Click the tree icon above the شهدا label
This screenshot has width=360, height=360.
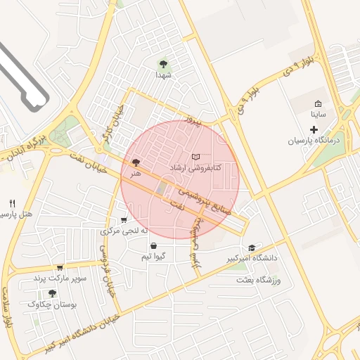[x=164, y=64]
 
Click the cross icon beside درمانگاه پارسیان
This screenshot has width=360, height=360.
[x=314, y=129]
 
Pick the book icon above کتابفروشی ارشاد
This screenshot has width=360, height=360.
[x=196, y=156]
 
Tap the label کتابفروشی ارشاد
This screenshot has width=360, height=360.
[x=196, y=167]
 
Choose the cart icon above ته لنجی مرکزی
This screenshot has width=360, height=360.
[x=124, y=219]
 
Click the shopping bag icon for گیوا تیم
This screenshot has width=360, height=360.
[x=153, y=245]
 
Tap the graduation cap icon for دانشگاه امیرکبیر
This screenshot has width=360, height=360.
[x=252, y=247]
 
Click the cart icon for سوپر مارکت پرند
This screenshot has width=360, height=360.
[x=60, y=267]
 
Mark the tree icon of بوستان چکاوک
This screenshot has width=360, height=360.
[x=52, y=293]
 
